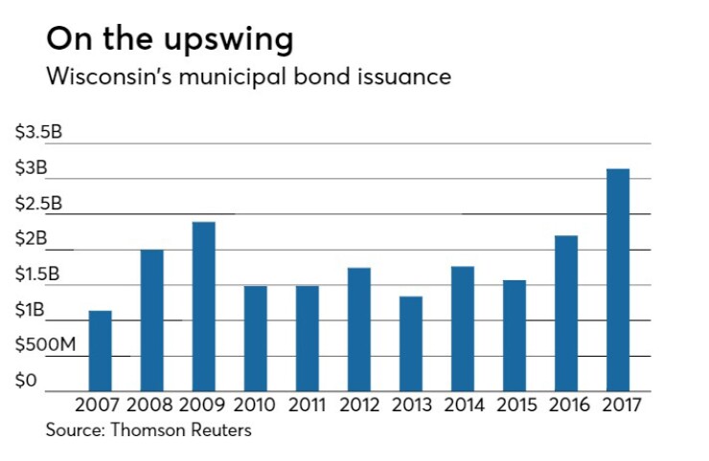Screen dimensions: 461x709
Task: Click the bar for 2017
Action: point(617,279)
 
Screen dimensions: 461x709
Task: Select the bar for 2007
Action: point(100,350)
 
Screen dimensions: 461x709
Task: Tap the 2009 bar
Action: point(203,306)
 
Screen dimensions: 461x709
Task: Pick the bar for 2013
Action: point(410,343)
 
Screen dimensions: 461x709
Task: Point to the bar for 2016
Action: point(565,313)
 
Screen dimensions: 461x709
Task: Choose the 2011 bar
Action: point(307,338)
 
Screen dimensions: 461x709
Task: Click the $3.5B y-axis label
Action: point(37,132)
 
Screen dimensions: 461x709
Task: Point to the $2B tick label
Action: point(30,239)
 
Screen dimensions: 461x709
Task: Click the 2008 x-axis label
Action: point(151,405)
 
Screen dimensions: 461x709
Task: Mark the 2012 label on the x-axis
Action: point(358,405)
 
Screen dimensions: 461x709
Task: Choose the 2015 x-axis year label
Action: point(514,405)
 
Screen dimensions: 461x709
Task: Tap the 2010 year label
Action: point(255,405)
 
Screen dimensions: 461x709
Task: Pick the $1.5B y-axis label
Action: point(37,274)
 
